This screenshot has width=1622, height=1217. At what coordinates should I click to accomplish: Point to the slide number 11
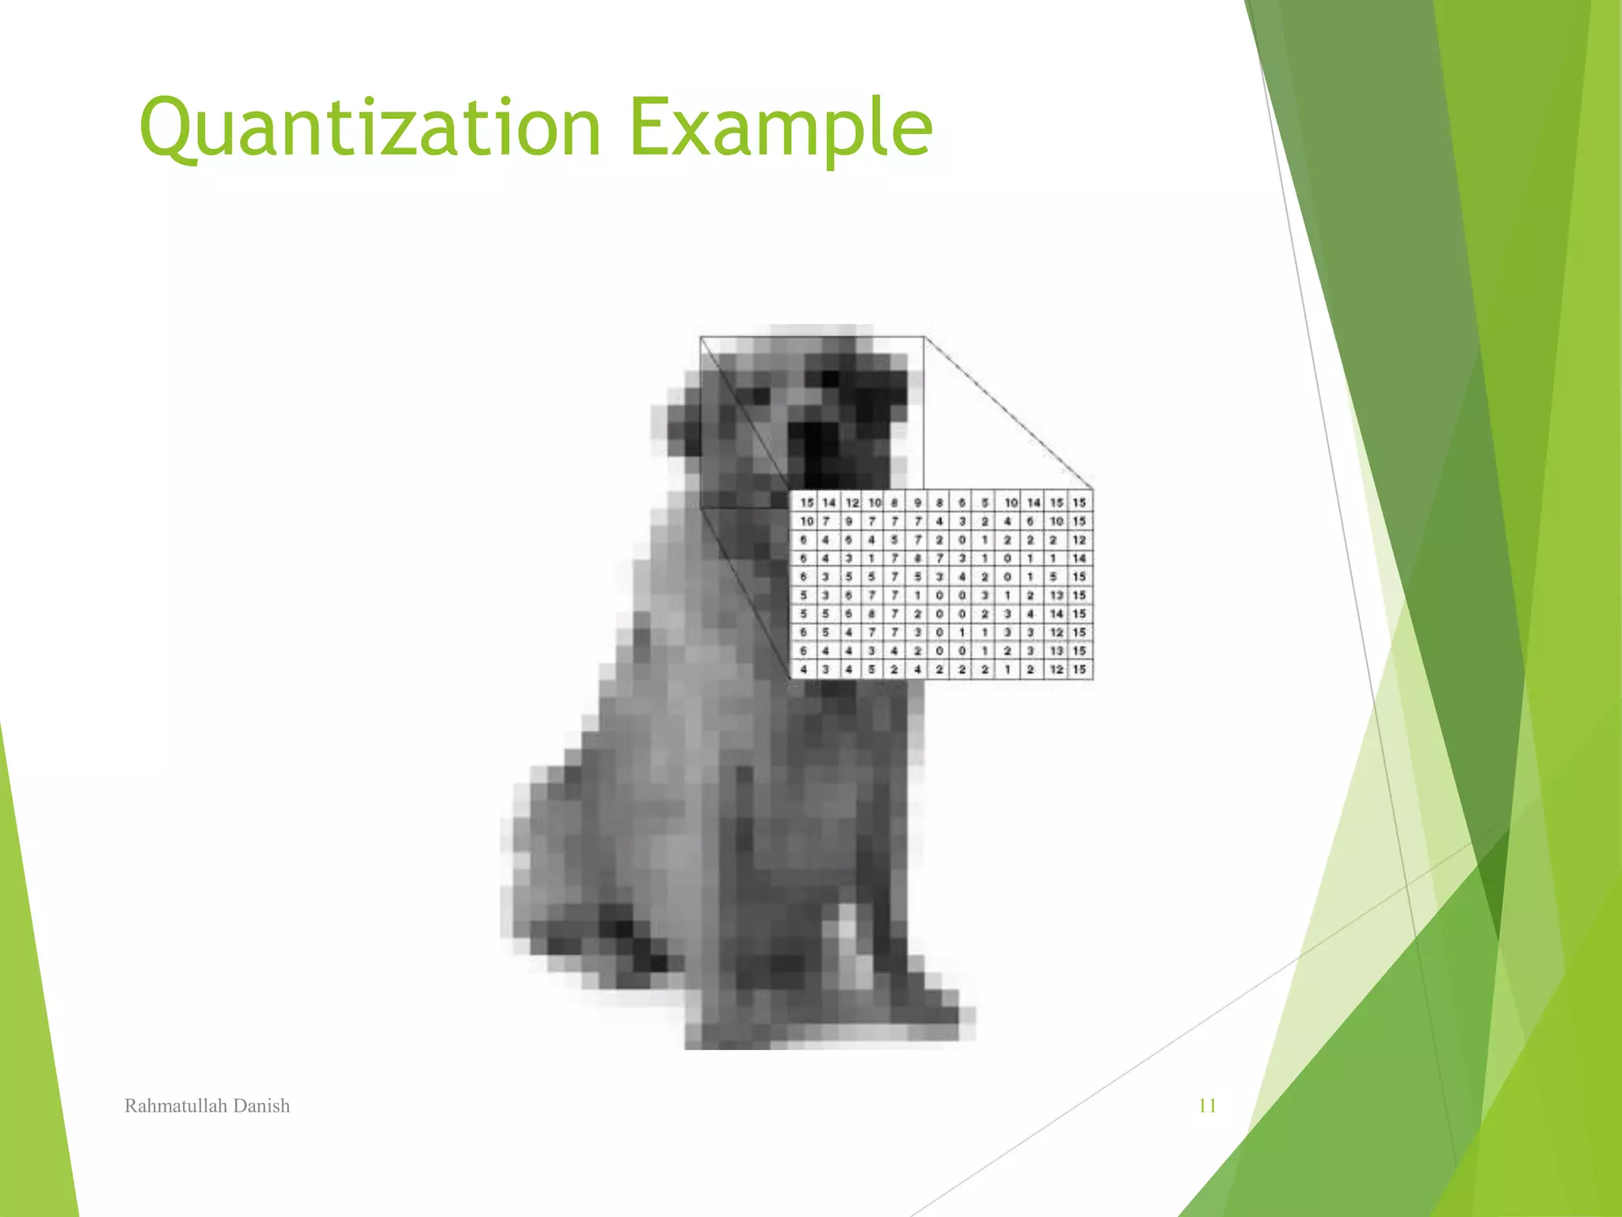1207,1105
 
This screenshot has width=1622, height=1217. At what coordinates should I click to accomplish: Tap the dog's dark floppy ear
683,432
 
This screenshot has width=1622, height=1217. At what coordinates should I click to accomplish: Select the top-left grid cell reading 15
806,502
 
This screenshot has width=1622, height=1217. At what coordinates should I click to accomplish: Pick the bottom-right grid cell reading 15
1079,670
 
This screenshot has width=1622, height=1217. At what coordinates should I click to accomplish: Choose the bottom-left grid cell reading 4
803,670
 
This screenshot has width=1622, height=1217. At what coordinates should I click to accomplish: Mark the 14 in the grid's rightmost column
1079,558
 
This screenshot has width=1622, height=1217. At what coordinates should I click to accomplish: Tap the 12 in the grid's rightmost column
1079,540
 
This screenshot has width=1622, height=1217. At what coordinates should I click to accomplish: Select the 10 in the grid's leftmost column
806,521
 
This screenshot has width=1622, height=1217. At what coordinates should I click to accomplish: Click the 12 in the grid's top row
851,502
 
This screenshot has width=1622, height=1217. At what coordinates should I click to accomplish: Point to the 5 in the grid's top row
985,502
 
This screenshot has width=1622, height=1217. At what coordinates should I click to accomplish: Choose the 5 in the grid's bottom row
871,670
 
